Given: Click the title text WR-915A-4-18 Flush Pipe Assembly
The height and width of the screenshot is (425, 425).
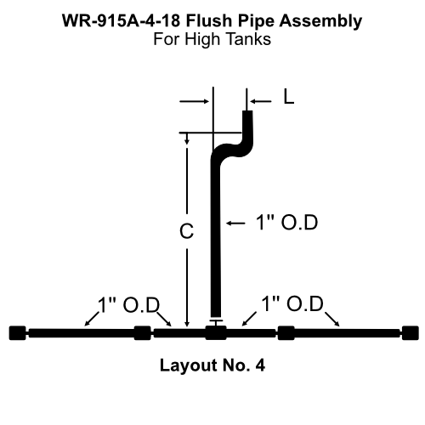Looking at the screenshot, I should coord(212,19).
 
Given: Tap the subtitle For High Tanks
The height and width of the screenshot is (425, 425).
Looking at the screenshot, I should coord(212,39).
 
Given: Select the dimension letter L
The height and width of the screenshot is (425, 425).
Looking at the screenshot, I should coord(288,99).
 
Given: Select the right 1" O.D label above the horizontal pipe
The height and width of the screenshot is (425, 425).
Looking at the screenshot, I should coord(292,303).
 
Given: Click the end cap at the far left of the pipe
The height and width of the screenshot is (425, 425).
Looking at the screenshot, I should coord(16,332).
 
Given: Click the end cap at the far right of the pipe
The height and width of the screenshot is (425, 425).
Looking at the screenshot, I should coord(411,332).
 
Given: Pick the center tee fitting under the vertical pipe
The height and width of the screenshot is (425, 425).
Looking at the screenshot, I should coord(216,332).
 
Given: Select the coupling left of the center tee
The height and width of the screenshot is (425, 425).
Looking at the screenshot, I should coord(143,332).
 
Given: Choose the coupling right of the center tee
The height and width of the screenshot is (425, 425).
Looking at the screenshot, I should coord(286,332).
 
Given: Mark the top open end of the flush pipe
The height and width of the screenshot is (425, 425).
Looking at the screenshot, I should coord(248,112).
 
